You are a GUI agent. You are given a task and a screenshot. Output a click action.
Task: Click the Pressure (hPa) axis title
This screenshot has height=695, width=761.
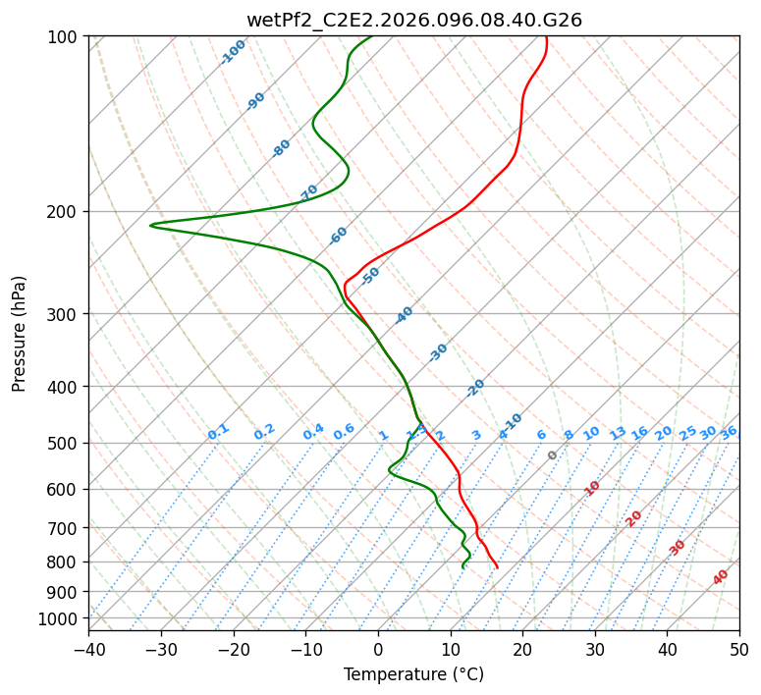20,334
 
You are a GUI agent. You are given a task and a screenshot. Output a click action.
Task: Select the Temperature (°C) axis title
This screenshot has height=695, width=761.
413,674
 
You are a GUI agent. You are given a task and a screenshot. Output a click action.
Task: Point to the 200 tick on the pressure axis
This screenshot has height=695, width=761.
64,212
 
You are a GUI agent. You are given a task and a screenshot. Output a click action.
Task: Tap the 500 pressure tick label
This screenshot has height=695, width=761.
64,444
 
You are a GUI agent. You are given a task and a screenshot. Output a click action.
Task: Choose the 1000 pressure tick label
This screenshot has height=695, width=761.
60,619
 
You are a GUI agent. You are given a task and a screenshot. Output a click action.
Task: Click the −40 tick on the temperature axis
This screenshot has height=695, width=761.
88,649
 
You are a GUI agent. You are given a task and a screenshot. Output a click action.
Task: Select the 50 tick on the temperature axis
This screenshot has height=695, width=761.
739,649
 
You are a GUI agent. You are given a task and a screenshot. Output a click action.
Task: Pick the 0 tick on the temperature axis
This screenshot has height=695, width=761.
378,649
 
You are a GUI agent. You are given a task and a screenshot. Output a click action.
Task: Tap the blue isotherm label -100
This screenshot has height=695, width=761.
233,52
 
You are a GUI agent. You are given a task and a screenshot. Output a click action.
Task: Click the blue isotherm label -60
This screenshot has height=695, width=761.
339,236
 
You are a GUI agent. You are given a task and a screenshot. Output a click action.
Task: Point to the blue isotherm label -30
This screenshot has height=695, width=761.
438,352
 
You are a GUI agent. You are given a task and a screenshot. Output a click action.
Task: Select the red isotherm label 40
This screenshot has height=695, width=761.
721,577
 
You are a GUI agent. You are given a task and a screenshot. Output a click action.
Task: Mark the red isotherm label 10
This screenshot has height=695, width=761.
592,488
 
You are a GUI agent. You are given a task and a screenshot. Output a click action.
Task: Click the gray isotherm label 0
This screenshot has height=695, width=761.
553,455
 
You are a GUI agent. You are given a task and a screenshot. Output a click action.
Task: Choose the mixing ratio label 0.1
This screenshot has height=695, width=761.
218,431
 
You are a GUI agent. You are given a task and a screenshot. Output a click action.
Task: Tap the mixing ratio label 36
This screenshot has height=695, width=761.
729,432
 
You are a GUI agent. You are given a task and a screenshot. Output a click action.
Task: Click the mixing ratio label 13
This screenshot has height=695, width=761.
618,433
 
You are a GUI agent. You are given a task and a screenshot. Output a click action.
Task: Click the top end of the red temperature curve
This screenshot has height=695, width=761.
545,37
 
